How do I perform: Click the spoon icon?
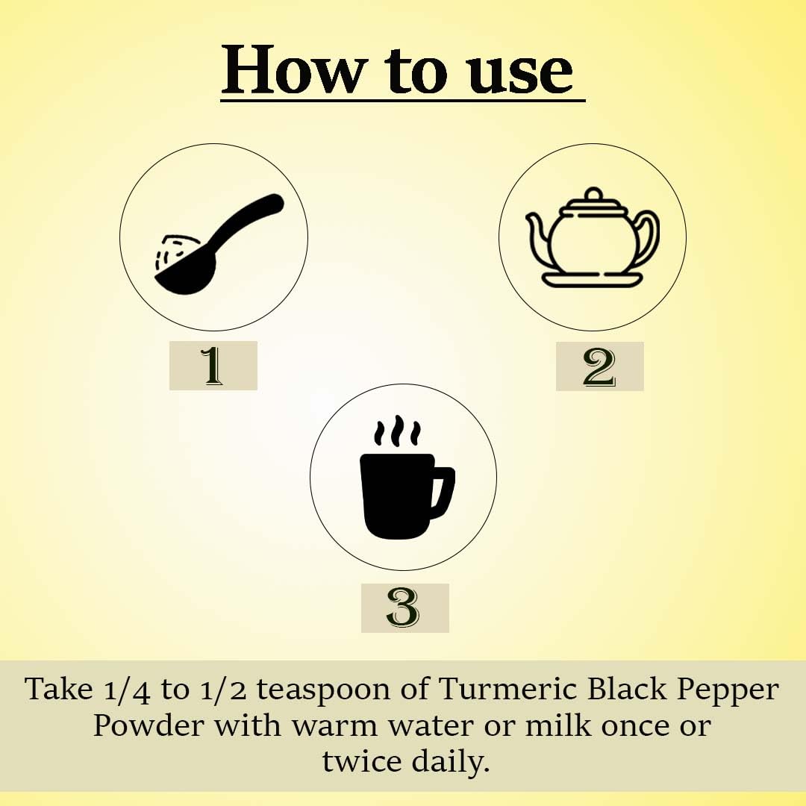point(219,244)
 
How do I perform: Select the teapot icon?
point(592,237)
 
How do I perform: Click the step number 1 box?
point(213,366)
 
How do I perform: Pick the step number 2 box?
point(599,366)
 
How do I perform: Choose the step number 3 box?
point(405,608)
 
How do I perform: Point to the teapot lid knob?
point(594,194)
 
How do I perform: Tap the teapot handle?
point(648,237)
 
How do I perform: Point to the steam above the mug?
point(397,431)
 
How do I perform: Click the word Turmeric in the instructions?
point(509,689)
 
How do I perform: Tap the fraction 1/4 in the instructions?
point(127,690)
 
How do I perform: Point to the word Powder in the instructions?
point(150,725)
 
